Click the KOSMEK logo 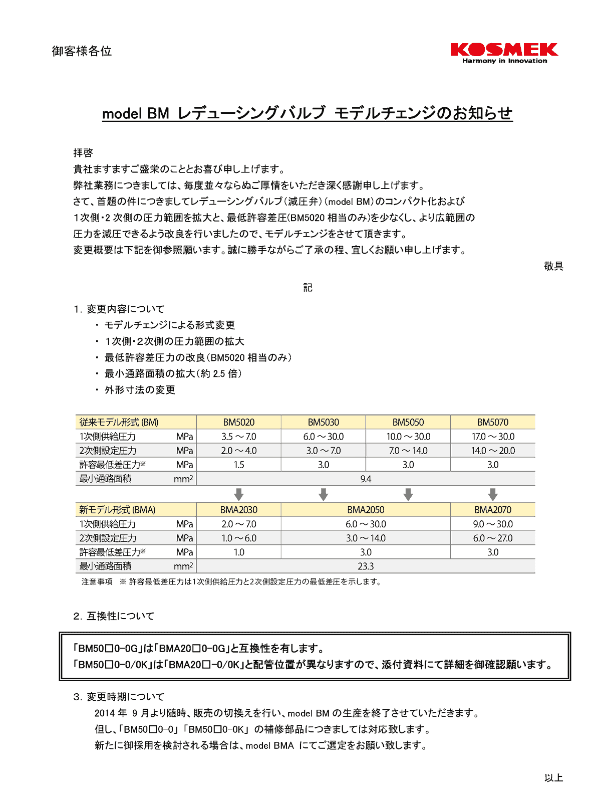click(504, 53)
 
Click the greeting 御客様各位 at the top click(82, 51)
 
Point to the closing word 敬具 click(553, 266)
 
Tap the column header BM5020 click(239, 423)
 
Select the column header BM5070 click(493, 423)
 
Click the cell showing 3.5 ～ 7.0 click(239, 437)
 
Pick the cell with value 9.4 click(366, 479)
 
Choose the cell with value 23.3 click(366, 566)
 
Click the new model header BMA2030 click(239, 510)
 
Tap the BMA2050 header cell click(366, 510)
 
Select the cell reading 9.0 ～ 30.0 click(493, 524)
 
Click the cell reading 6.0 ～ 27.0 click(493, 538)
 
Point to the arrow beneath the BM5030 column click(324, 494)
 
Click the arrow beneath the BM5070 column click(493, 494)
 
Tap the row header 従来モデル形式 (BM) click(119, 423)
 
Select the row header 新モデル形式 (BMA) click(117, 510)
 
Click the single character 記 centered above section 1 click(308, 288)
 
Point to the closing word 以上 click(553, 778)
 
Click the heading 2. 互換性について click(114, 616)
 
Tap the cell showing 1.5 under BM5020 click(239, 465)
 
